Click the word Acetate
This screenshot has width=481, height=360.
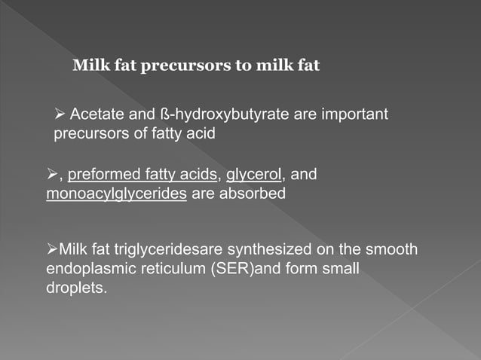(x=93, y=115)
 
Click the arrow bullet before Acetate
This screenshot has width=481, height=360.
(x=60, y=115)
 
